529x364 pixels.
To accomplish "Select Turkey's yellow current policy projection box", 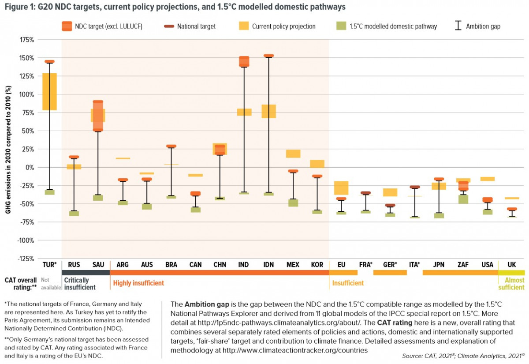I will pyautogui.click(x=49, y=91).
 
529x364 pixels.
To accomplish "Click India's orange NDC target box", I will pyautogui.click(x=244, y=62).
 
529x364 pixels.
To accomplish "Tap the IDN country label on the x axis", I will pyautogui.click(x=268, y=265).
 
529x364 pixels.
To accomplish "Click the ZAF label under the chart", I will pyautogui.click(x=463, y=265).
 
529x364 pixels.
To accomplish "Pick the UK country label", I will pyautogui.click(x=511, y=265).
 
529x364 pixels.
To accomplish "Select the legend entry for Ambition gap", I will pyautogui.click(x=483, y=26).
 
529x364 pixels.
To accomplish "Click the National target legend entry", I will pyautogui.click(x=196, y=26).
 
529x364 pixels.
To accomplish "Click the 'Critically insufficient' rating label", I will pyautogui.click(x=80, y=284).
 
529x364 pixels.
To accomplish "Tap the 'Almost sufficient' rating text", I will pyautogui.click(x=511, y=284).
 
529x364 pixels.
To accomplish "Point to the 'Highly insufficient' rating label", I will pyautogui.click(x=138, y=283).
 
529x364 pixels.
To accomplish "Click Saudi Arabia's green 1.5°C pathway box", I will pyautogui.click(x=98, y=198).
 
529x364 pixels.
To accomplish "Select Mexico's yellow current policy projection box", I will pyautogui.click(x=293, y=154).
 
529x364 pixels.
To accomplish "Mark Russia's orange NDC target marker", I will pyautogui.click(x=74, y=157).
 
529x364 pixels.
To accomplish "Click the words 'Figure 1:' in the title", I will pyautogui.click(x=20, y=7).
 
